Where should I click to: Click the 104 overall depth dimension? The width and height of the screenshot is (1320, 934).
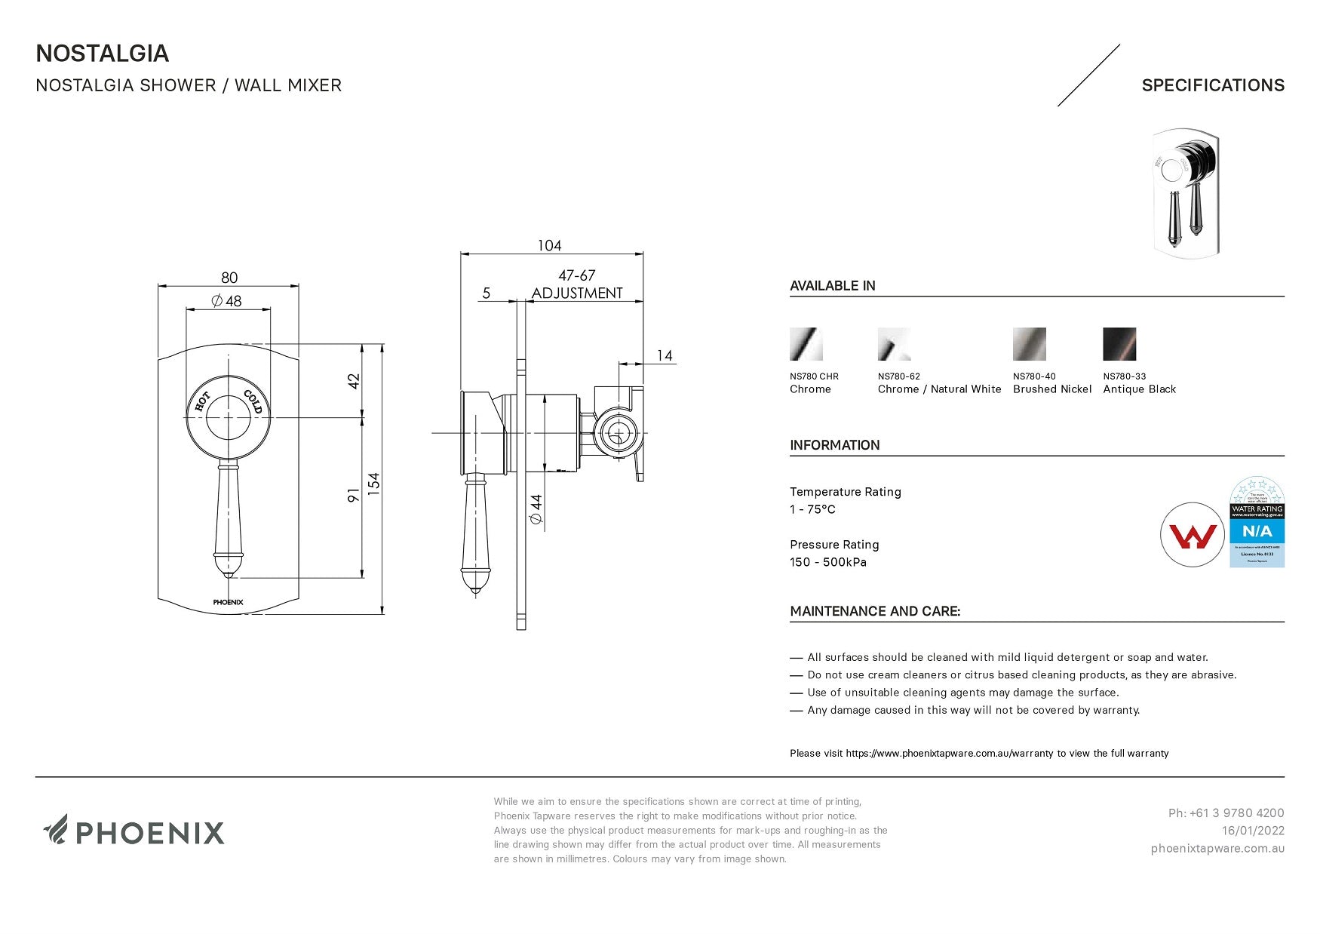point(549,245)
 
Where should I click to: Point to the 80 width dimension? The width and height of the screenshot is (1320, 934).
point(229,278)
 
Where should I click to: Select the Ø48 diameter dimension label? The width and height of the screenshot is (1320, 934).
point(227,301)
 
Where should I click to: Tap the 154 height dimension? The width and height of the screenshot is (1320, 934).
point(374,483)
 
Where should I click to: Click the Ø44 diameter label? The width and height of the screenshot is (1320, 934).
point(536,509)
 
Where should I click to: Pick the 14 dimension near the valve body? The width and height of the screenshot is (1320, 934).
point(665,355)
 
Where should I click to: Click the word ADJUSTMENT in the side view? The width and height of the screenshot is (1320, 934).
point(577,293)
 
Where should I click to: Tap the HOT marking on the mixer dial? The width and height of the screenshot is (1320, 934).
point(202,402)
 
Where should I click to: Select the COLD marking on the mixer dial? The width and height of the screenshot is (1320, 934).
point(253,402)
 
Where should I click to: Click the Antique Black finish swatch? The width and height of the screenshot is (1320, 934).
point(1119,344)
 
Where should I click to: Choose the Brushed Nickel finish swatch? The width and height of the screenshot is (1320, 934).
point(1029,344)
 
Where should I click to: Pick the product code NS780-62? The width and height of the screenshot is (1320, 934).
point(898,376)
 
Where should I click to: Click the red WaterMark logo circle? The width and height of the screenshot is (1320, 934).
point(1192,535)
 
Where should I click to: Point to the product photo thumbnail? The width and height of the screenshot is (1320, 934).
point(1185,193)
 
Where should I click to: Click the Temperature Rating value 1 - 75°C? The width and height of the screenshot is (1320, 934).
point(812,509)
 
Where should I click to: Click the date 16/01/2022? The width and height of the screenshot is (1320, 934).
point(1253,831)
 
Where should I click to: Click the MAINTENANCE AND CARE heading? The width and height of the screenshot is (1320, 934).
point(875,611)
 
